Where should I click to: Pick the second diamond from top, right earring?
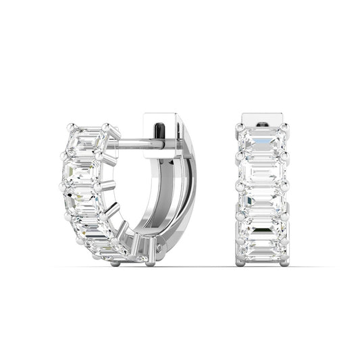[262, 172]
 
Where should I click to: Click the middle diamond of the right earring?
[262, 200]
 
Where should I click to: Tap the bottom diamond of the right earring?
[262, 250]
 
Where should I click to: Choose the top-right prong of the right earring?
[284, 127]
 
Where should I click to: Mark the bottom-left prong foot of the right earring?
[241, 262]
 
